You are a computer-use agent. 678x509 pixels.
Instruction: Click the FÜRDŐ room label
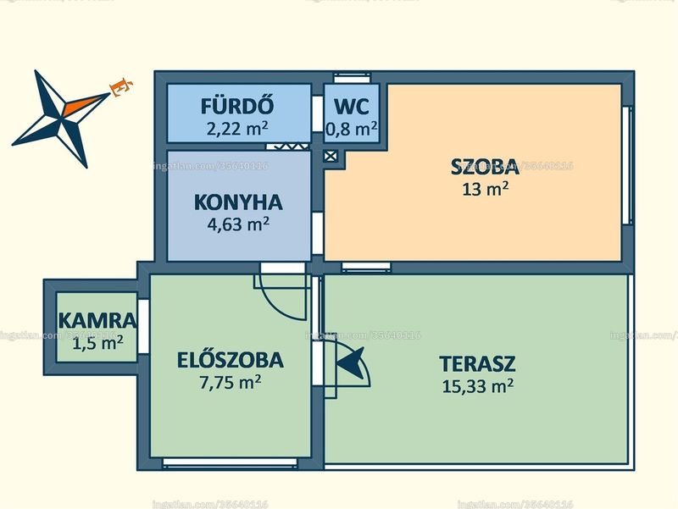pos(237,107)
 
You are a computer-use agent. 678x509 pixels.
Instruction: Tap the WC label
pos(352,107)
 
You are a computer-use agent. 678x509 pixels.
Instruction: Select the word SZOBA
pos(485,167)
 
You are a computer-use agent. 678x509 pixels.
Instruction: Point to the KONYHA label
pos(238,202)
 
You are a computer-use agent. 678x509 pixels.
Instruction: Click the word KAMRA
pos(97,321)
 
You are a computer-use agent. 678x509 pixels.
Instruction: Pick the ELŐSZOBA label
pos(231,360)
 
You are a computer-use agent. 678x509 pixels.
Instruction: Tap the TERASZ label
pos(477,364)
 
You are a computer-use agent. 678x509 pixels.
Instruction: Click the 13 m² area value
pos(485,189)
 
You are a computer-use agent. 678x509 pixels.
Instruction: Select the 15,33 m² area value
pos(477,386)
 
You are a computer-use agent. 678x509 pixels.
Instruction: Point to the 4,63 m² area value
pos(238,224)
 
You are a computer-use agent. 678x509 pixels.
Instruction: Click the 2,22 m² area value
pos(237,129)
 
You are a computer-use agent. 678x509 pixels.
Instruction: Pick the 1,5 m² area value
pos(97,344)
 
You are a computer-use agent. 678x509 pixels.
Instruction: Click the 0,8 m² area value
pos(352,129)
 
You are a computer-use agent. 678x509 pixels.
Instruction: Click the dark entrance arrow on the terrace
pos(351,364)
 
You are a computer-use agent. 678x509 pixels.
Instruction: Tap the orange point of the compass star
pos(86,104)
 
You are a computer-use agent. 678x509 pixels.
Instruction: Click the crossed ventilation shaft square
pos(331,156)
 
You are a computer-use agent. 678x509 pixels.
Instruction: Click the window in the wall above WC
pos(353,78)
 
